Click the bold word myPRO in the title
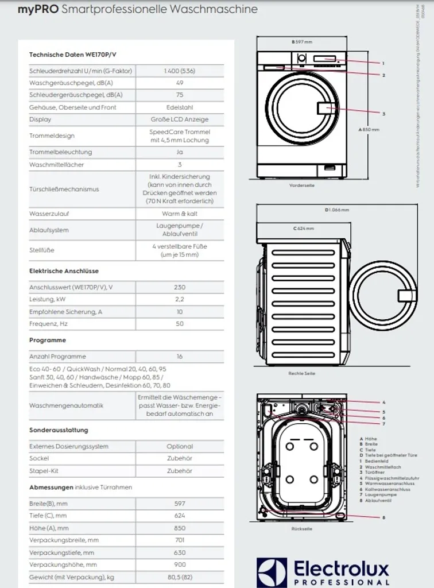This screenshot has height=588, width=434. pos(37,9)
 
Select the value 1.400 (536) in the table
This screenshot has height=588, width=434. pos(179,71)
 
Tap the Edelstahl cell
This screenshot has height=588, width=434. pos(179,107)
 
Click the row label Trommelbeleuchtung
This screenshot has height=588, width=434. pos(60,152)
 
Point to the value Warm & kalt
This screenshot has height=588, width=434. pos(179,214)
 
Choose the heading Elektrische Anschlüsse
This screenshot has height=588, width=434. pos(64,270)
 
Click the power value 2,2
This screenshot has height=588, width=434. pos(179,299)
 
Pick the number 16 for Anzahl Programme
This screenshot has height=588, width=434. pos(179,357)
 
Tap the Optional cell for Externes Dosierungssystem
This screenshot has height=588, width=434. pos(179,446)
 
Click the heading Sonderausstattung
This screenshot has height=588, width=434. pos(59,430)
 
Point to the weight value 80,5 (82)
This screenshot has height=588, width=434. pos(179,577)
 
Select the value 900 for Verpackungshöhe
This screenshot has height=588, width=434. pos(179,564)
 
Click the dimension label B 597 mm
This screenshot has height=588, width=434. pos(301,42)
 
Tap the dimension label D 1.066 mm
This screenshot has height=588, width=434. pos(336,210)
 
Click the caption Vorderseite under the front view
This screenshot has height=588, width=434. pos(301,185)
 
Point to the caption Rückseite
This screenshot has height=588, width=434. pos(301,529)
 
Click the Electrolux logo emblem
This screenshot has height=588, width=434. pos(272,572)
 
